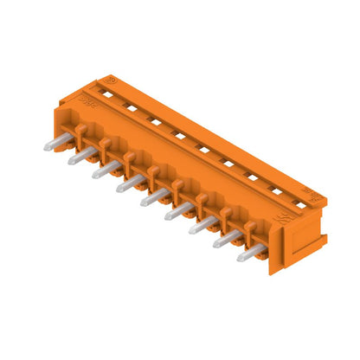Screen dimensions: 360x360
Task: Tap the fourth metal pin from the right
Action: (177, 212)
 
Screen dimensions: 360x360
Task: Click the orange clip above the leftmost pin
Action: (80, 132)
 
